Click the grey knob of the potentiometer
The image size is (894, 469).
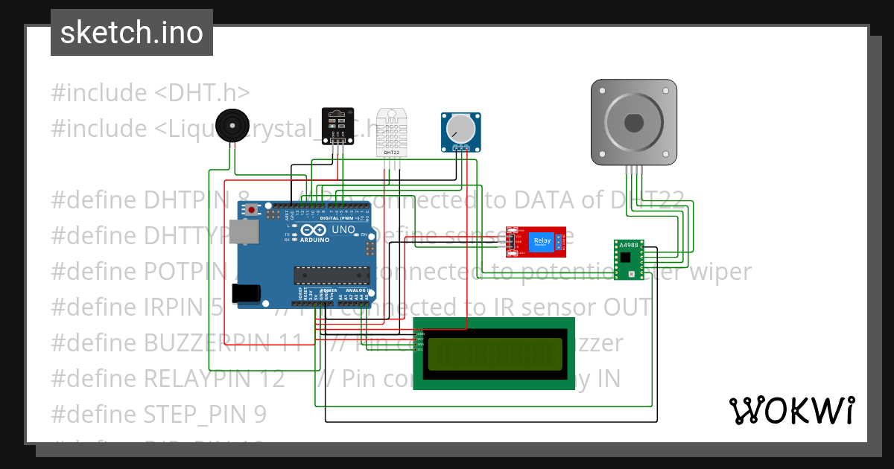point(460,130)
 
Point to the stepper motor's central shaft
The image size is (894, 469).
point(634,122)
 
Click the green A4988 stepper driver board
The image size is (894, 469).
point(630,260)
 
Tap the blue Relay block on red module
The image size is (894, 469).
point(541,241)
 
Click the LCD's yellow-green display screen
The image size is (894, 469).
point(494,353)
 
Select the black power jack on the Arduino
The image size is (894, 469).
point(247,293)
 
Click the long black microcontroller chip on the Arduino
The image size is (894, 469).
point(331,275)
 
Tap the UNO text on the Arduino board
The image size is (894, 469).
point(343,231)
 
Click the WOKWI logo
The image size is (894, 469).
point(791,410)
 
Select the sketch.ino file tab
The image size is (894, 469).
point(132,33)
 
